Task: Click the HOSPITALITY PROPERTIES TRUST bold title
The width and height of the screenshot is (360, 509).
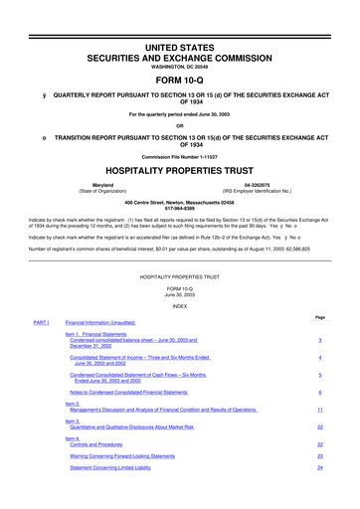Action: pos(180,168)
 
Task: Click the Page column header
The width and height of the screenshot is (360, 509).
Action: pos(319,316)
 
